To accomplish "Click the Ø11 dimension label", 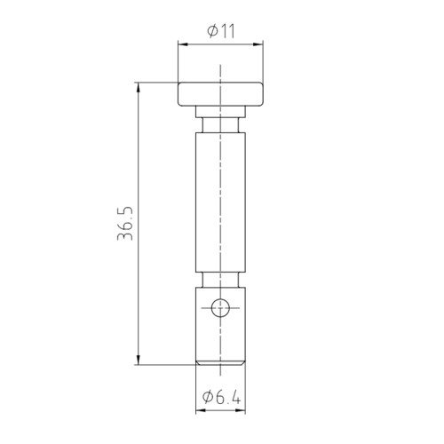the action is pos(221,31).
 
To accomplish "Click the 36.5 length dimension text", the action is pos(125,224).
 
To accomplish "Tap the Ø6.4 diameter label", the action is pos(221,397).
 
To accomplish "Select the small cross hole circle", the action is pos(220,308).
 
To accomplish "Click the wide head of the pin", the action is pos(220,94).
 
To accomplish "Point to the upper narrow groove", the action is pos(220,125).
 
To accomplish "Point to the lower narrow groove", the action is pos(220,280).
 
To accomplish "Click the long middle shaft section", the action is pos(220,202).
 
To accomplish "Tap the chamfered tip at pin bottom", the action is pos(220,363).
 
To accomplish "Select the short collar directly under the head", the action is pos(220,112).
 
